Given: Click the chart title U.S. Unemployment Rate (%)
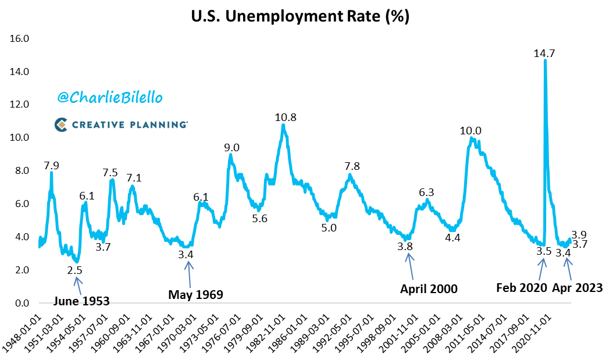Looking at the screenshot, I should (x=300, y=17).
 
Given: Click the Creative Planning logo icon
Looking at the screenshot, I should (x=62, y=124).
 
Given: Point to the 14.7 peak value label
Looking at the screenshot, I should (x=544, y=54).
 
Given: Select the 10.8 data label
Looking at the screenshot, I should (x=286, y=117).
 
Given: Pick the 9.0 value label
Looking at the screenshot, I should (x=231, y=148).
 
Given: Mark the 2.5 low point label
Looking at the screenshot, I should (x=74, y=270).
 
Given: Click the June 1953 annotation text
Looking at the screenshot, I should (x=81, y=301).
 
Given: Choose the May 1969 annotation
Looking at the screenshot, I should (x=195, y=294).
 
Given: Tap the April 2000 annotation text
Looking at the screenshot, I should (x=429, y=288).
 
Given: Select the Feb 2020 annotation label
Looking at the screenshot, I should (x=522, y=287).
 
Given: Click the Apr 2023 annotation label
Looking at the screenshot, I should (x=576, y=287).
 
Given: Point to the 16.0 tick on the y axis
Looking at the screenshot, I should (x=21, y=39).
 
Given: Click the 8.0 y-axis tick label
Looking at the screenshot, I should (x=23, y=171).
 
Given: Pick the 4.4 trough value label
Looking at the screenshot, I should (x=452, y=237).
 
